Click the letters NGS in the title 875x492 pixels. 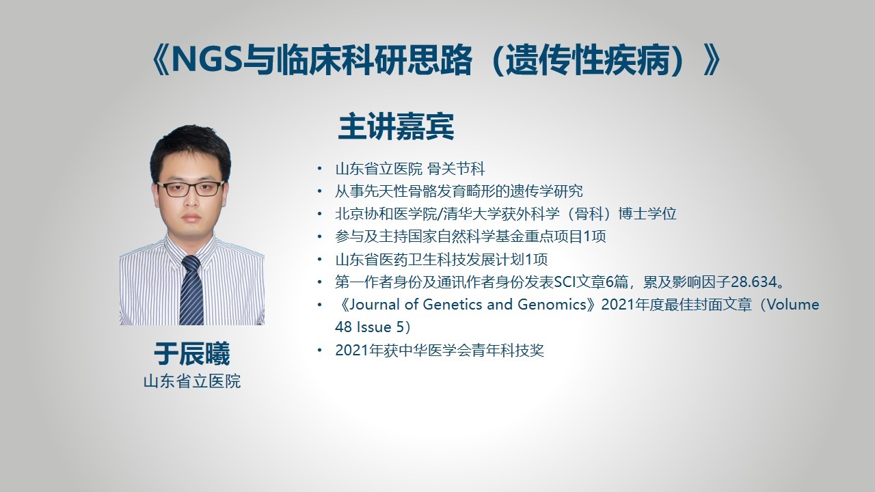click(207, 60)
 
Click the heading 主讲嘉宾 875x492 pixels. click(396, 126)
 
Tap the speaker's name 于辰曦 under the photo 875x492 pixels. click(192, 354)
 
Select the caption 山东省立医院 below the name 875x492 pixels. click(192, 381)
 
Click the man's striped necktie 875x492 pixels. click(191, 290)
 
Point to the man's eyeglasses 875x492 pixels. click(190, 189)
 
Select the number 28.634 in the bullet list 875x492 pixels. click(753, 282)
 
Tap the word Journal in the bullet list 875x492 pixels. click(374, 304)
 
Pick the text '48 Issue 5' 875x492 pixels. click(369, 327)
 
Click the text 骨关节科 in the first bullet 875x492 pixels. click(456, 169)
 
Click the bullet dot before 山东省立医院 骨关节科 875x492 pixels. click(319, 169)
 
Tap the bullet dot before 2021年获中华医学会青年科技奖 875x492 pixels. click(319, 351)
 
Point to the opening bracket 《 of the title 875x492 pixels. click(159, 60)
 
